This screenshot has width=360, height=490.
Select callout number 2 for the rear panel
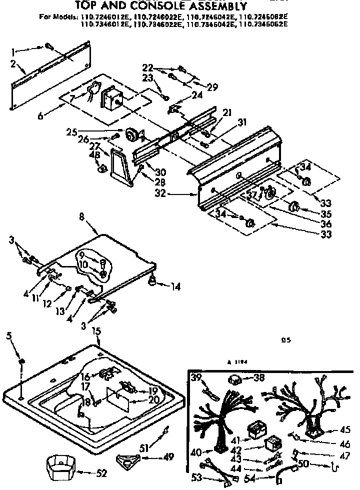(x=13, y=63)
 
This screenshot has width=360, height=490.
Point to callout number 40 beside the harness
(x=196, y=453)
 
